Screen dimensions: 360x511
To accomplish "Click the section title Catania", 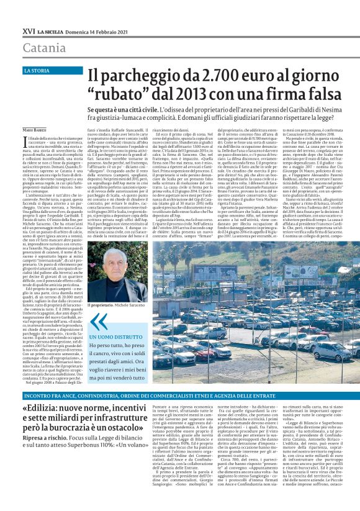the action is tap(44, 48).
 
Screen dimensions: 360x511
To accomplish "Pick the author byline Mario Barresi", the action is tap(37, 129).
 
